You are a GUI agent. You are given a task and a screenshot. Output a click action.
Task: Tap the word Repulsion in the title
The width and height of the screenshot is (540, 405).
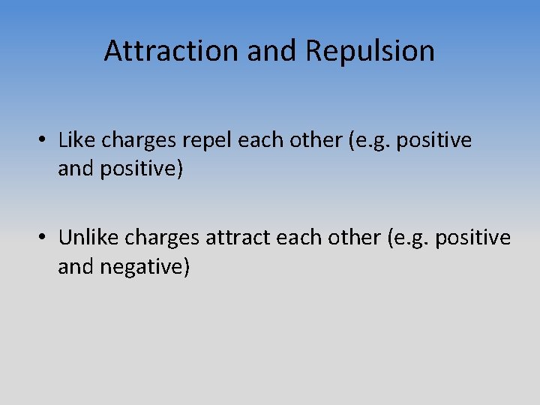click(x=370, y=51)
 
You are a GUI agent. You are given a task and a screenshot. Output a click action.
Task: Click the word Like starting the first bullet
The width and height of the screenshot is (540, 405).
click(x=76, y=140)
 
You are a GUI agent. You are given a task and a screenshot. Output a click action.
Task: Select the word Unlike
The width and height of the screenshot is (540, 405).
click(x=88, y=238)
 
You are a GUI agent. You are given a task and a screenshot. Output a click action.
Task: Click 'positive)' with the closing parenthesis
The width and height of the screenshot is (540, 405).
click(x=140, y=169)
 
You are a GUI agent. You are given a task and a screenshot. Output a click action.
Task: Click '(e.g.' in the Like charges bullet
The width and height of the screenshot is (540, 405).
click(x=370, y=141)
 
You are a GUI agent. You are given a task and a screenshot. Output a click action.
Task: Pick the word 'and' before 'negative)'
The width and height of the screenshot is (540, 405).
click(x=75, y=266)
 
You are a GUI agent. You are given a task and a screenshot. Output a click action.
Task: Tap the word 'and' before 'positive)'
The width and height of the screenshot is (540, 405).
click(x=75, y=169)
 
